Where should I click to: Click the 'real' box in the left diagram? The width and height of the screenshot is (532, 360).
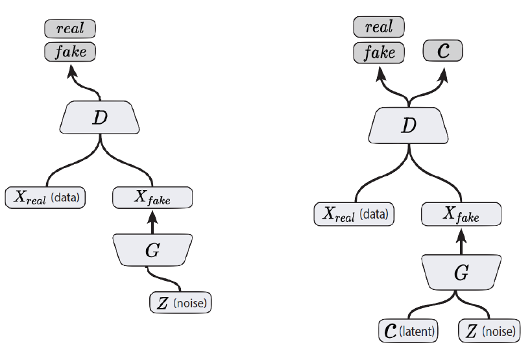(x=70, y=29)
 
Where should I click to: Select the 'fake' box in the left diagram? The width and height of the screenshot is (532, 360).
(x=70, y=51)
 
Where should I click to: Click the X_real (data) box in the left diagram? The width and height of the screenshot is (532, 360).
(x=45, y=197)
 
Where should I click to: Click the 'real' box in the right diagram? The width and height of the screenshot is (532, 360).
(x=379, y=27)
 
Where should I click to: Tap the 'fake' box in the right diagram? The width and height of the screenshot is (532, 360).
(x=379, y=51)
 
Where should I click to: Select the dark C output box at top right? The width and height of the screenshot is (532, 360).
(x=444, y=51)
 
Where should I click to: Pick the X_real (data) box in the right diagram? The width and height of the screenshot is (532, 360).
(x=354, y=213)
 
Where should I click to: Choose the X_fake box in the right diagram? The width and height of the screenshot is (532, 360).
(x=461, y=213)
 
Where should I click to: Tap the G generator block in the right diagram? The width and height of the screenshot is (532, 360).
(x=461, y=272)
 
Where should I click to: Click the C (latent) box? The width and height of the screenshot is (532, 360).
(x=409, y=331)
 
